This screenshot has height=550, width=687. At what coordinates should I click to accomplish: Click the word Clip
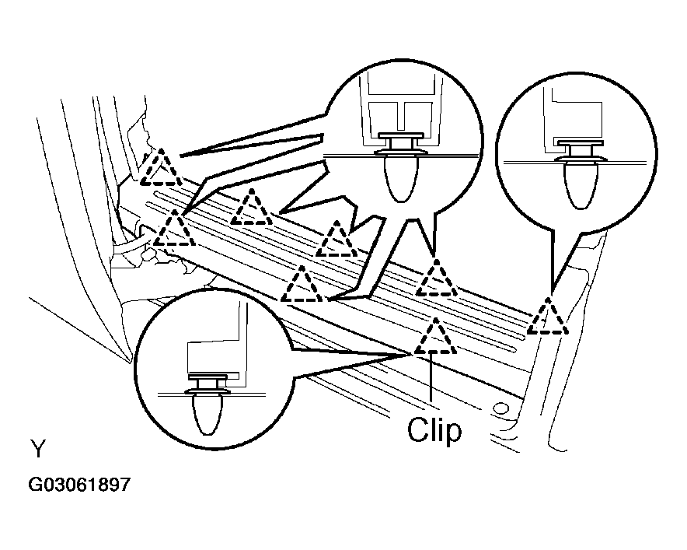coord(434,430)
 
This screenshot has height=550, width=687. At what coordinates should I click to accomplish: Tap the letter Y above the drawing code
coord(38,449)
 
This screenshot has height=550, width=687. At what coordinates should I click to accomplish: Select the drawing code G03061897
coord(79,485)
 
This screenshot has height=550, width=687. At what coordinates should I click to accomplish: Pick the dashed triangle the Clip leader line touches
coord(435,336)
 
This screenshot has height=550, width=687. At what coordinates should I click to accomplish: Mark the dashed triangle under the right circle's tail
coord(548,317)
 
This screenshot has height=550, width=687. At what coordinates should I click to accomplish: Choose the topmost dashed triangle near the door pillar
coord(161,167)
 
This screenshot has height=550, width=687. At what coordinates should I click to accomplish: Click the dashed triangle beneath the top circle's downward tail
coord(436,278)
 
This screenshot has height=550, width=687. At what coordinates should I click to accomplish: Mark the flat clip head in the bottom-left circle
coord(207,377)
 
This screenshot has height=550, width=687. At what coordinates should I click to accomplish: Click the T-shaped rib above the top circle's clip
coord(400,116)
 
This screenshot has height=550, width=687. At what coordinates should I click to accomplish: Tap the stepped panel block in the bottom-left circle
coord(214,358)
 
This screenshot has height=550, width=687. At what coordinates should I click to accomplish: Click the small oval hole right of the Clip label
coord(502,408)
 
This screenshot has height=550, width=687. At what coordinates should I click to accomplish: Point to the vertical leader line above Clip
coord(431,378)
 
